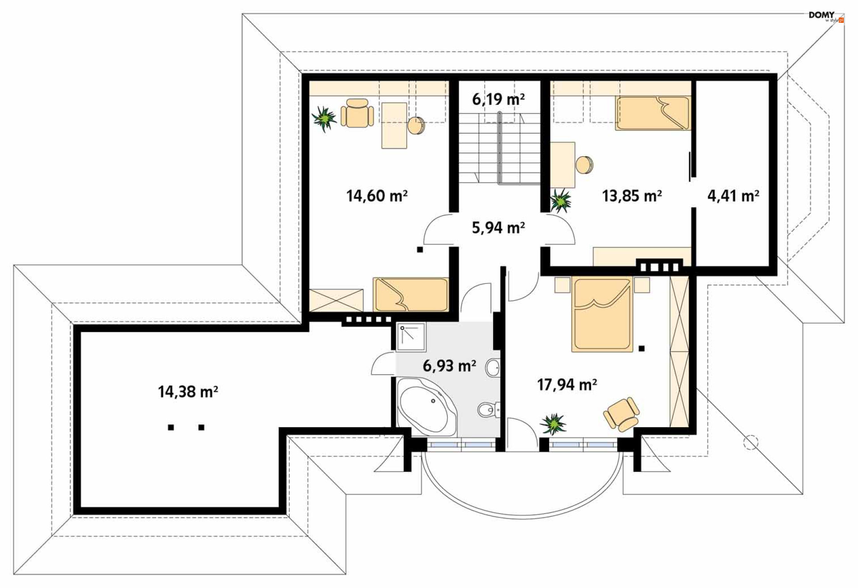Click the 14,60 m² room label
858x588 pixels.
tap(377, 196)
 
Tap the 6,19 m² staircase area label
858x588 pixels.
tap(498, 99)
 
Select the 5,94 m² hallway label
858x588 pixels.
tap(498, 227)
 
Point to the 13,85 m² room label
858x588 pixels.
tap(632, 196)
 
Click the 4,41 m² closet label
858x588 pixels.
tap(733, 196)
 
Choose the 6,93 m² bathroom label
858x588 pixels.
tap(449, 366)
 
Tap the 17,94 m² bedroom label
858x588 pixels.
tap(567, 384)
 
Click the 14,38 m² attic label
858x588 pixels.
tap(188, 392)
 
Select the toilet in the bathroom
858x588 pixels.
tap(488, 409)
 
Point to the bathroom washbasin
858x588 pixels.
tap(492, 368)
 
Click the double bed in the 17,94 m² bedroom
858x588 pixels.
tap(602, 314)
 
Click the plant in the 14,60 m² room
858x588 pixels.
tap(324, 118)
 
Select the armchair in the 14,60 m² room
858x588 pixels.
tap(357, 113)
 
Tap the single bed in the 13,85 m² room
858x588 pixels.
tap(652, 113)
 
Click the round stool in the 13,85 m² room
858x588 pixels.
tap(584, 164)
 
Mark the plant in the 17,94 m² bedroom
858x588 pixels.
tap(553, 424)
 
